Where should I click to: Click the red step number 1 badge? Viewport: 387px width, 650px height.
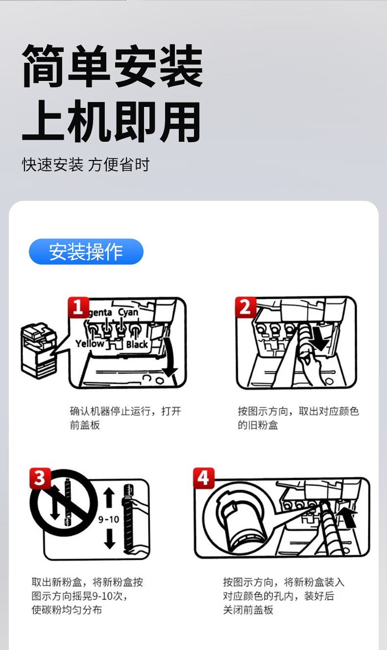pos(78,307)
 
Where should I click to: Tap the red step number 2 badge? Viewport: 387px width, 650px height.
pos(245,307)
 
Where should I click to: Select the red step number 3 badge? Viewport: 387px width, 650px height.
pos(40,478)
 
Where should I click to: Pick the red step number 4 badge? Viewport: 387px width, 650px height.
pos(204,478)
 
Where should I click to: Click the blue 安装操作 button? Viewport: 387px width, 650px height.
pos(86,252)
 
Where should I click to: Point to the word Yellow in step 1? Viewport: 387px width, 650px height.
pos(90,343)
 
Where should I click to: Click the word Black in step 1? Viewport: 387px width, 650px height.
pos(137,344)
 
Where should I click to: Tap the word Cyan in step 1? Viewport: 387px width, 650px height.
pos(128,312)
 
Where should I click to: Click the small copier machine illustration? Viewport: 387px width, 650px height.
pos(39,351)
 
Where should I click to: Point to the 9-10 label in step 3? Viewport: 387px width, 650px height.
pos(109,520)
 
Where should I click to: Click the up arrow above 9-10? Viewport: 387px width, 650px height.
pos(109,497)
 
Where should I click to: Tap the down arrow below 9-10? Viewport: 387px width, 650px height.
pos(110,539)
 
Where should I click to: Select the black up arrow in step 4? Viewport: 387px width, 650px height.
pos(349,517)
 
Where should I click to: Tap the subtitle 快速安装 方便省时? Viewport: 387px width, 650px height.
pos(86,165)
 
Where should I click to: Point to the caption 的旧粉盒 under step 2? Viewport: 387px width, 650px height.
pos(258,425)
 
